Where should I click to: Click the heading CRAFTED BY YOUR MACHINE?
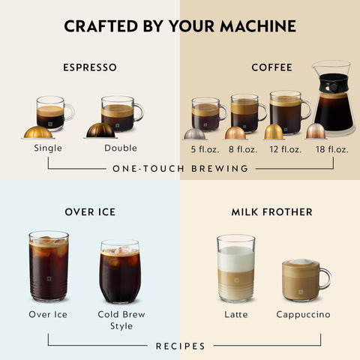(x=180, y=27)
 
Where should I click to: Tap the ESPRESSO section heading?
(x=90, y=67)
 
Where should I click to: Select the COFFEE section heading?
(x=271, y=67)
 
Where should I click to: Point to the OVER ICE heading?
(x=90, y=212)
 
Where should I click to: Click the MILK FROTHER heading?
(x=271, y=212)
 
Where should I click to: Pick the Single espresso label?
(x=48, y=148)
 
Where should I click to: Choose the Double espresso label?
(x=121, y=148)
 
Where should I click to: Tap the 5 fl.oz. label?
(x=199, y=148)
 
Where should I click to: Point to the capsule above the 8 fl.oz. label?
(x=235, y=133)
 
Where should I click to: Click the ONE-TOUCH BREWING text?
(x=180, y=169)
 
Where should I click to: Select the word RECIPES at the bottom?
(x=180, y=346)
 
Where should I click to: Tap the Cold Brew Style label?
(x=120, y=319)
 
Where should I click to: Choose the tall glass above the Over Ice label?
(x=48, y=266)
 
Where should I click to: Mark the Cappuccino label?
(x=303, y=315)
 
